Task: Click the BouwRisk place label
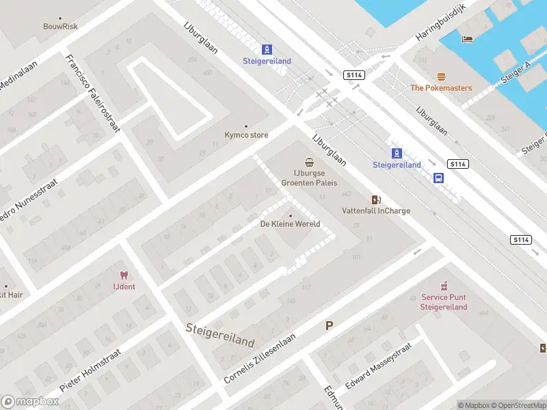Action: [x=60, y=26]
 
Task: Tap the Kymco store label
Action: [x=246, y=135]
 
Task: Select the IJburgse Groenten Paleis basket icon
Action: [x=310, y=163]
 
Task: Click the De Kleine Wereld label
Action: [x=290, y=224]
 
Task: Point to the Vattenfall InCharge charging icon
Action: [x=375, y=200]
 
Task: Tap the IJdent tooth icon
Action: [x=124, y=275]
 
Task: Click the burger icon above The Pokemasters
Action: [x=440, y=77]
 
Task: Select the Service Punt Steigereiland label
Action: [x=444, y=302]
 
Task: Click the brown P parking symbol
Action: [x=329, y=326]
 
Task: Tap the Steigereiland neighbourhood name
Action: [x=220, y=335]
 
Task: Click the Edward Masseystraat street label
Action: [x=378, y=366]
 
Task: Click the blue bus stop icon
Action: [x=438, y=178]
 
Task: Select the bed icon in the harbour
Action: [x=468, y=38]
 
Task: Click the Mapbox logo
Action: [x=29, y=401]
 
